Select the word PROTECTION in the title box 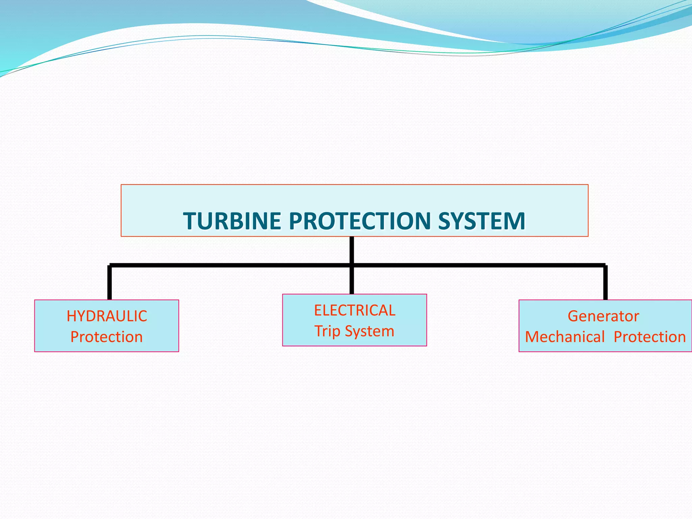tap(360, 221)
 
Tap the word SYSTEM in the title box tap(481, 221)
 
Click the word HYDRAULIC tap(107, 316)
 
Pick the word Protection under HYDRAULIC tap(106, 337)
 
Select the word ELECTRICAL tap(354, 311)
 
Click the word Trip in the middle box tap(327, 331)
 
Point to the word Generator tap(603, 316)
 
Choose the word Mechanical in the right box tap(565, 337)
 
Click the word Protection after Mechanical tap(649, 337)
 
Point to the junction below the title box tap(352, 265)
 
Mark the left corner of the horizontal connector tap(110, 266)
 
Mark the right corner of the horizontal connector tap(605, 266)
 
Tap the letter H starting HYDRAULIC tap(71, 316)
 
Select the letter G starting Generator tap(573, 316)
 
